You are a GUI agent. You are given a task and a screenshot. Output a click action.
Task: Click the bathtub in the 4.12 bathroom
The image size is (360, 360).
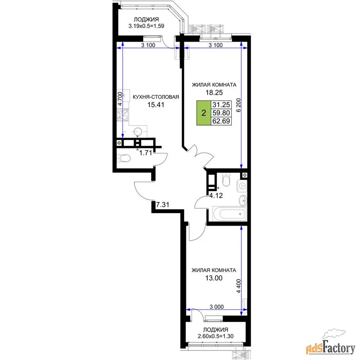(x=230, y=214)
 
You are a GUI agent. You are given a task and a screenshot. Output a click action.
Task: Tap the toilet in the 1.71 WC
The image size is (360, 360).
(x=124, y=158)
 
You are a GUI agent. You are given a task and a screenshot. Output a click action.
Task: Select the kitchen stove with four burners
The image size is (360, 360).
(x=123, y=115)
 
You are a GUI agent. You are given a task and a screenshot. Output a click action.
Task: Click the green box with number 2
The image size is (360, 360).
(x=204, y=113)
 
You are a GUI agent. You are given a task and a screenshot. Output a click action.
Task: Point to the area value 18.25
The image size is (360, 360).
(x=214, y=92)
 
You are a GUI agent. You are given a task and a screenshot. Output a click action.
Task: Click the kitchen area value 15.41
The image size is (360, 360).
(x=156, y=105)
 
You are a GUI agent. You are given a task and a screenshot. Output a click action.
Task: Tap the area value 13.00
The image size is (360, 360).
(x=214, y=278)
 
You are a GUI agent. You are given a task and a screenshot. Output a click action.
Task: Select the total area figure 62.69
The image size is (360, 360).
(x=221, y=121)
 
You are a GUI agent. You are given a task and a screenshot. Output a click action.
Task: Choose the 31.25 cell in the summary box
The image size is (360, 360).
(x=221, y=105)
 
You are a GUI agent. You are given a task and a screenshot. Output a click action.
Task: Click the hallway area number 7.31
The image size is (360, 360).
(x=162, y=204)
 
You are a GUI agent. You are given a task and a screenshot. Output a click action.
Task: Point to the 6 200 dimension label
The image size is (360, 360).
(x=238, y=105)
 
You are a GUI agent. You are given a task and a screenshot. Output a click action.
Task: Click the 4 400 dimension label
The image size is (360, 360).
(x=238, y=286)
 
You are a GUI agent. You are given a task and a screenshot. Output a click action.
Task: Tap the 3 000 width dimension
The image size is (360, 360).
(x=216, y=307)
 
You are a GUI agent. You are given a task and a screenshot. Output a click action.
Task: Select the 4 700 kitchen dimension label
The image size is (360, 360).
(x=120, y=99)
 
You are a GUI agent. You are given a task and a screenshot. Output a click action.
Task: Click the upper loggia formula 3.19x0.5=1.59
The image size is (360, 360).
(x=146, y=26)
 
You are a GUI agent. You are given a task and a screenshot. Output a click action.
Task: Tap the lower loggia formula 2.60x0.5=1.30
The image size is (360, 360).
(x=216, y=336)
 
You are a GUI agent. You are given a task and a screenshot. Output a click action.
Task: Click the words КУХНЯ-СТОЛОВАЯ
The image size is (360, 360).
(x=156, y=97)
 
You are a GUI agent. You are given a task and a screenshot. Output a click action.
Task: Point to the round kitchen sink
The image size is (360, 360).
(x=138, y=132)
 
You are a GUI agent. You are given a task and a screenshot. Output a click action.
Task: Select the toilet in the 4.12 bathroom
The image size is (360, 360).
(x=226, y=180)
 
